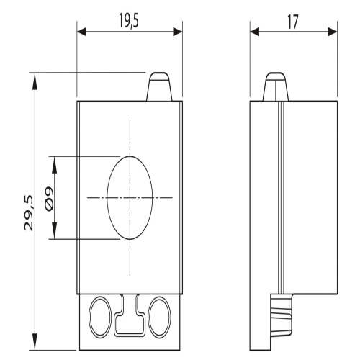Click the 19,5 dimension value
click(129, 20)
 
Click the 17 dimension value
click(292, 22)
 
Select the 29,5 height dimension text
click(29, 213)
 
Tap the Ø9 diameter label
click(49, 199)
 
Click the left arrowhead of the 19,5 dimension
click(81, 32)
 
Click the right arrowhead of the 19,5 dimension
click(178, 32)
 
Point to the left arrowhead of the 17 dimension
click(255, 32)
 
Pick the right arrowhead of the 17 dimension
click(333, 32)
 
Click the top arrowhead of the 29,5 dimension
click(35, 81)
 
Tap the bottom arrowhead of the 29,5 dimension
click(35, 341)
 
